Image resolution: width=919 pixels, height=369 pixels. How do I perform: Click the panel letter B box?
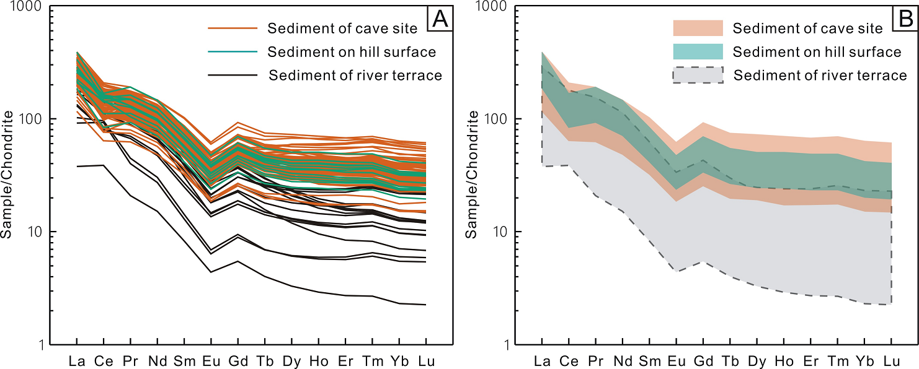coord(905,20)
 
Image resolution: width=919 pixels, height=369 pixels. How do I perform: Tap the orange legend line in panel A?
coord(232,28)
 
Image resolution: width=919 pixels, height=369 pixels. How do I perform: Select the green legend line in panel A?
coord(232,52)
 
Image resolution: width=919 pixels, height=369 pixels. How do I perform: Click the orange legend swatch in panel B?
coord(698,28)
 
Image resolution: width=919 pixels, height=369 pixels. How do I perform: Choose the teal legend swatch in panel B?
coord(698,51)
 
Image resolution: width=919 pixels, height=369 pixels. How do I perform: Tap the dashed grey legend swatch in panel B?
coord(698,75)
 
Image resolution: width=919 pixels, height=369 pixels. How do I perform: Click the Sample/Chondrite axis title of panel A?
coord(8,175)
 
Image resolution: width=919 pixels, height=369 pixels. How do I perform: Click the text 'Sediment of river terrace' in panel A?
coord(355,76)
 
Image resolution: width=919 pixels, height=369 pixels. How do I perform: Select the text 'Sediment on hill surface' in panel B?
coord(817,51)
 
